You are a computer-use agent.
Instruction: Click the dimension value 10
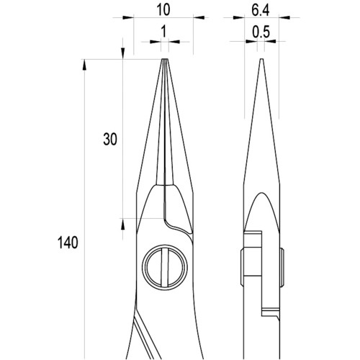pos(163,10)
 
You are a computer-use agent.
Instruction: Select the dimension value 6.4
pos(261,10)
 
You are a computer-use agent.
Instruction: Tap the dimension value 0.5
pos(261,32)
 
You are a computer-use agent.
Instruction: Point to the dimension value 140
pos(68,242)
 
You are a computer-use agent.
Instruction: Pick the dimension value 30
pos(110,139)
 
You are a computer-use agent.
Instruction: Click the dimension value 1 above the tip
pos(163,32)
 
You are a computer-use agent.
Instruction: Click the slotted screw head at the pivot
pos(165,268)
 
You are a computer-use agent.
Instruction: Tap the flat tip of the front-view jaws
pos(165,60)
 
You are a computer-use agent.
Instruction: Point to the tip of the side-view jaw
pos(262,59)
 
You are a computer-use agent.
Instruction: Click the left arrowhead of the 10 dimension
pos(128,17)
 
